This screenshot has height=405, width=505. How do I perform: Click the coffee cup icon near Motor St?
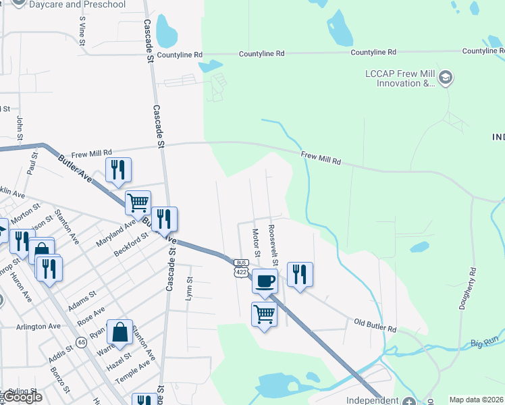pyautogui.click(x=265, y=280)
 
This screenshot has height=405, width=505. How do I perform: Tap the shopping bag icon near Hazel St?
pyautogui.click(x=119, y=332)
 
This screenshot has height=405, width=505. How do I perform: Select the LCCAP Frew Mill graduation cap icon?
pyautogui.click(x=445, y=78)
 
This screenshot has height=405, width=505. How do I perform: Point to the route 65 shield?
pyautogui.click(x=81, y=342)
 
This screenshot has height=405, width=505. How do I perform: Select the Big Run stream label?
pyautogui.click(x=485, y=343)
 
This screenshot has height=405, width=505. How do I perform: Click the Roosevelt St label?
pyautogui.click(x=274, y=242)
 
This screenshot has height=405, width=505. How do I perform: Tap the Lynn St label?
pyautogui.click(x=190, y=288)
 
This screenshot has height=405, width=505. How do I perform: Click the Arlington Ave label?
pyautogui.click(x=38, y=326)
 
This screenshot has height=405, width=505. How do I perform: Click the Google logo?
pyautogui.click(x=22, y=397)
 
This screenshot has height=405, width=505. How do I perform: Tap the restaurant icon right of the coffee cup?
pyautogui.click(x=300, y=274)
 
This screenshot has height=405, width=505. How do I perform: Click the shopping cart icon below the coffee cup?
pyautogui.click(x=264, y=313)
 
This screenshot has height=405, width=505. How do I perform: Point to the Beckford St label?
pyautogui.click(x=131, y=247)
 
